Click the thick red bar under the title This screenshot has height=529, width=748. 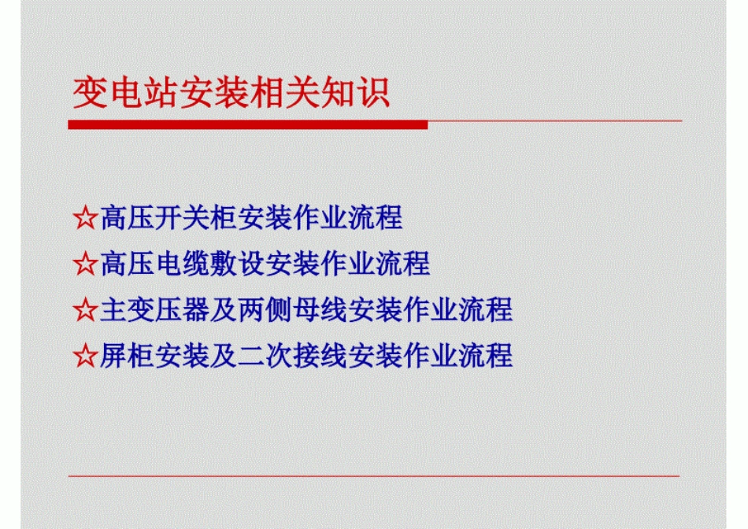248,124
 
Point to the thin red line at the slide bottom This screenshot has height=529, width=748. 373,475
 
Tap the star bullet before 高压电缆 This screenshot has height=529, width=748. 84,264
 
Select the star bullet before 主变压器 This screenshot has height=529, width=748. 84,309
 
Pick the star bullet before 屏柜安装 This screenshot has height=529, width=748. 84,356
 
